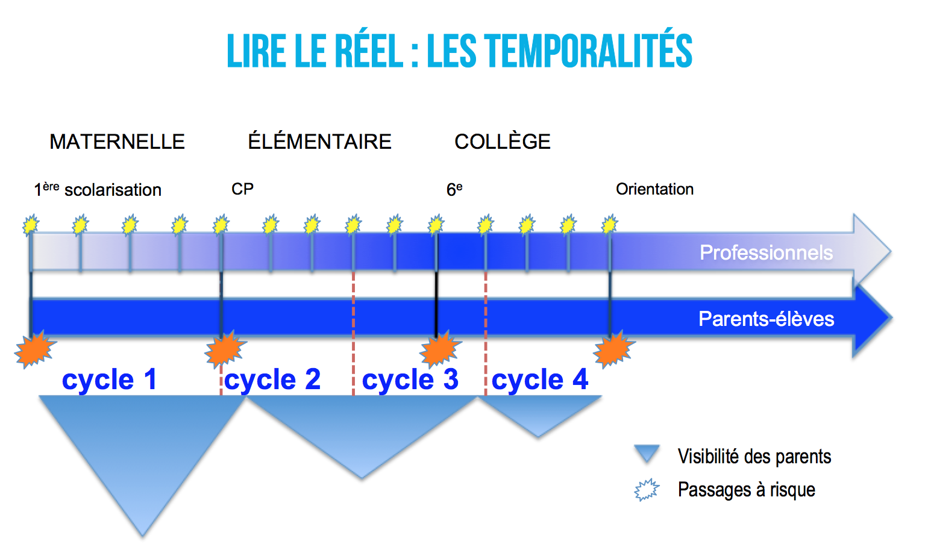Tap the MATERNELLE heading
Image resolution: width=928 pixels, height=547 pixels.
(x=117, y=142)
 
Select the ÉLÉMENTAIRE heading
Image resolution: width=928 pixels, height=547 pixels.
(x=319, y=142)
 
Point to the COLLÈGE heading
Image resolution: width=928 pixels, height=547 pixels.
(x=502, y=142)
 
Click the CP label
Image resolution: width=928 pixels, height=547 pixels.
(x=242, y=189)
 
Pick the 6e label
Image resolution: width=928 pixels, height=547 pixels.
(x=454, y=190)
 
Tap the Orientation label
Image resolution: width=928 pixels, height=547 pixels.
(x=654, y=189)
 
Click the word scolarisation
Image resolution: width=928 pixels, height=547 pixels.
(x=113, y=190)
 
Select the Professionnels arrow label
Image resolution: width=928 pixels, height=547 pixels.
(x=766, y=252)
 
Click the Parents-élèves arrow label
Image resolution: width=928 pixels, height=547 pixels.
(x=766, y=319)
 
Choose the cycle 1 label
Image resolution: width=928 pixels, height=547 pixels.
(x=109, y=380)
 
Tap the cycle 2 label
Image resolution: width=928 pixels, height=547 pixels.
(x=272, y=380)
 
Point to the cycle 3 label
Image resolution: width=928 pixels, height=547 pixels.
(x=410, y=380)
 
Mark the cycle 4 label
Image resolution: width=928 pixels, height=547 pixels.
(x=539, y=380)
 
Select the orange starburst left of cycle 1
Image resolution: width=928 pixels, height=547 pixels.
(x=34, y=349)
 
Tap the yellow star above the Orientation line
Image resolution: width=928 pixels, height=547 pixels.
(x=610, y=225)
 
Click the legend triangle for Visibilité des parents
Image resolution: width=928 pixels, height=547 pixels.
(x=647, y=453)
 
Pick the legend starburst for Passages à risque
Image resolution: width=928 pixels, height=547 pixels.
(x=647, y=490)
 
